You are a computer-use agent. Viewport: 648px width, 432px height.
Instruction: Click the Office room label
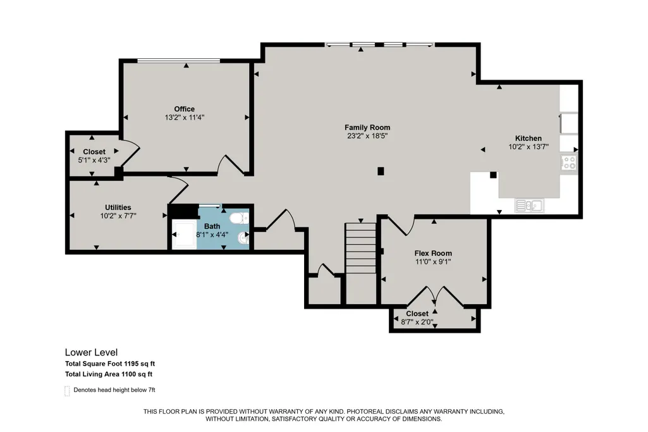pos(185,109)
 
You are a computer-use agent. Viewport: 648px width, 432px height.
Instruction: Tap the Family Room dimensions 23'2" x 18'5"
pos(367,135)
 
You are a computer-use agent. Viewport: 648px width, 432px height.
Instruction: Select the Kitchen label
pos(528,139)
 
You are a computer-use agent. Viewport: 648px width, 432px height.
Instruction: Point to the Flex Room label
pos(433,253)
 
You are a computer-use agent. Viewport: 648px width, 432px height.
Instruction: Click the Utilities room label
pos(118,207)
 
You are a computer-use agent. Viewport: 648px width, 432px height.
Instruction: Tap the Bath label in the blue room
pos(212,226)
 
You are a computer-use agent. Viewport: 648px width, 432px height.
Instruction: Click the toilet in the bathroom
pos(239,218)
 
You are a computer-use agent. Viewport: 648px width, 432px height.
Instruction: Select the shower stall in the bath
pos(185,235)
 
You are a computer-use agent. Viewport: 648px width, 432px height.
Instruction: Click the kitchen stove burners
pos(569,163)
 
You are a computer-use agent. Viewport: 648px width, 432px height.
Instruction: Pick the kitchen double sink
pos(529,206)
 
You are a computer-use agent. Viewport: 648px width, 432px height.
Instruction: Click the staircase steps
pos(360,248)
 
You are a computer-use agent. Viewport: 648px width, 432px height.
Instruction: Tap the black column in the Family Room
pos(381,171)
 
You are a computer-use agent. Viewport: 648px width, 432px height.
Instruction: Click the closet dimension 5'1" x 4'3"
pos(94,160)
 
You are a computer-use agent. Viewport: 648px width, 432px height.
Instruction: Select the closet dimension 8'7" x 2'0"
pos(417,322)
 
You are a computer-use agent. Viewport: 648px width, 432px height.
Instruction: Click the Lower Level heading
pos(91,352)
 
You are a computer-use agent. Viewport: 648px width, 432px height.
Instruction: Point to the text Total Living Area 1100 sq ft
pos(109,374)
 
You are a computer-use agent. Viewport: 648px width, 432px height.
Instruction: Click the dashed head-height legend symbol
pos(67,391)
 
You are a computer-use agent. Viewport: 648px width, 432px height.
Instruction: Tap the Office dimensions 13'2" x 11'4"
pos(185,118)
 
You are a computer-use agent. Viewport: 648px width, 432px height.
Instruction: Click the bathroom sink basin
pos(243,238)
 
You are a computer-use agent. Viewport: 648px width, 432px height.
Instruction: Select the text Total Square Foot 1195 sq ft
pos(110,364)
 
